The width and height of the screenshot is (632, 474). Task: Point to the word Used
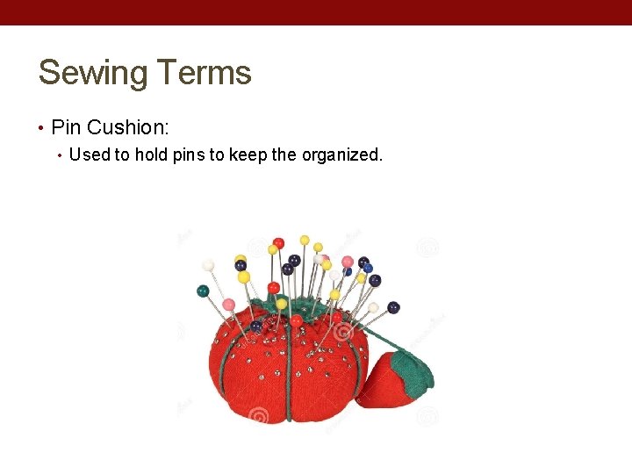click(89, 155)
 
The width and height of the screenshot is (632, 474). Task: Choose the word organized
click(342, 155)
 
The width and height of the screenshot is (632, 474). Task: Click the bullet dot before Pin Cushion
click(42, 128)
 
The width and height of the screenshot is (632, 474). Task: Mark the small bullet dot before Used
click(60, 156)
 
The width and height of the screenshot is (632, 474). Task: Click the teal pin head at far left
click(203, 291)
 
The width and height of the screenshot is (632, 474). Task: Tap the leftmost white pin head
click(208, 264)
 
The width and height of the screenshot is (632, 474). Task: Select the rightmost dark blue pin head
click(393, 307)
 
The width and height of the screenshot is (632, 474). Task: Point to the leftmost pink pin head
click(228, 305)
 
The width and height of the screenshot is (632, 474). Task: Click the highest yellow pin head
click(305, 240)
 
